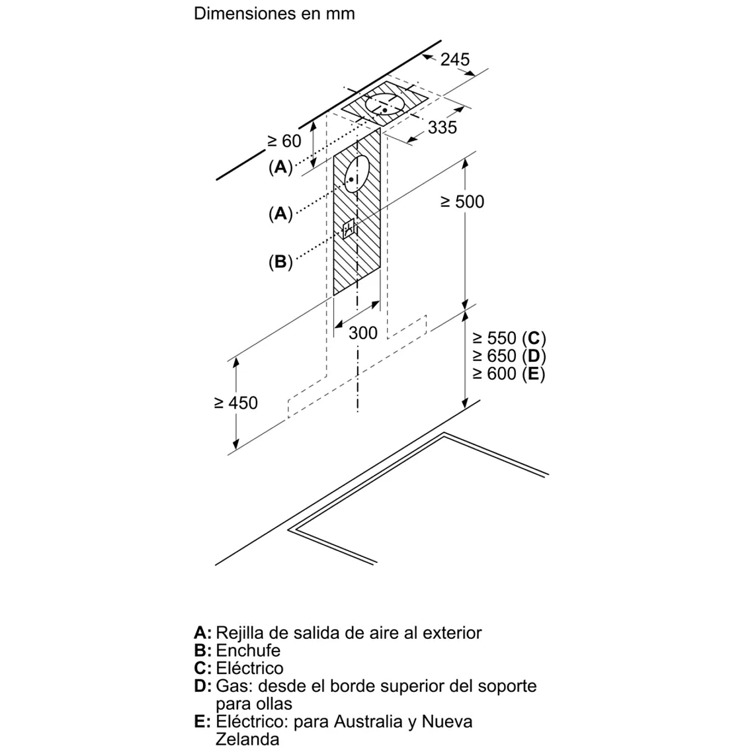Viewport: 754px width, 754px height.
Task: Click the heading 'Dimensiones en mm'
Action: coord(274,14)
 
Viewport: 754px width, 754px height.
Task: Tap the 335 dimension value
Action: coord(442,127)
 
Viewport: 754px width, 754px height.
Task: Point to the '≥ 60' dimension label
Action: coord(284,141)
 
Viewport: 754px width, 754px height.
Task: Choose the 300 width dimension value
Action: coord(362,333)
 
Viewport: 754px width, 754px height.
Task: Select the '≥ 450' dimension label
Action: coord(236,402)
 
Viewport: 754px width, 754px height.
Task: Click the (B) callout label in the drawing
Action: coord(280,262)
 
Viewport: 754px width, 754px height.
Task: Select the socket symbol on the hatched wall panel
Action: coord(349,230)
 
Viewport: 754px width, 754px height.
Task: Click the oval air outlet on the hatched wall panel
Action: coord(356,175)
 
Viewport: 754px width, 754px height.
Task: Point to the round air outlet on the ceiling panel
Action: coord(384,105)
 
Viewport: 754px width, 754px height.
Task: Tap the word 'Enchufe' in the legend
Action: coord(248,650)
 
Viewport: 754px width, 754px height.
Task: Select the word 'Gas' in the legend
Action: coord(231,686)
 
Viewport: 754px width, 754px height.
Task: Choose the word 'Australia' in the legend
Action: coord(367,721)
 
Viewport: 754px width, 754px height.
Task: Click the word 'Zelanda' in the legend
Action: coord(247,738)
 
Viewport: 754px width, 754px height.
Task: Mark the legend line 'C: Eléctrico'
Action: coord(239,668)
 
